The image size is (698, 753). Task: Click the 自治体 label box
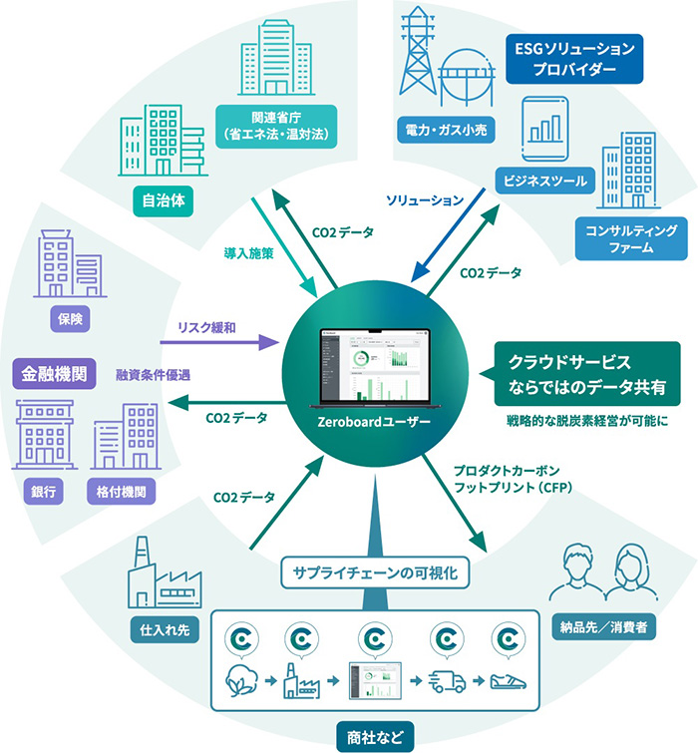pyautogui.click(x=166, y=199)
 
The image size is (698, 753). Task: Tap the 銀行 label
pyautogui.click(x=40, y=491)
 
